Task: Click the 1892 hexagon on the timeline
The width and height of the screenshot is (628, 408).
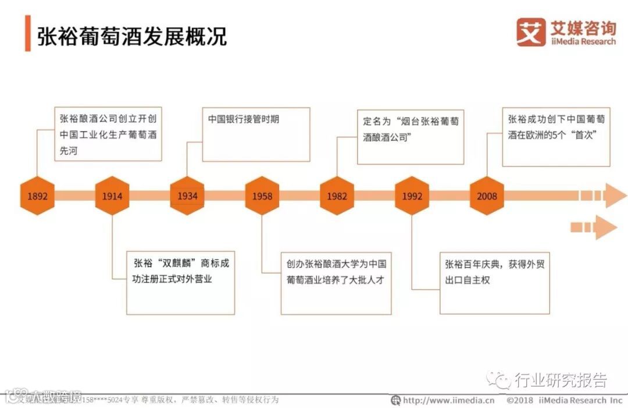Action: [x=37, y=196]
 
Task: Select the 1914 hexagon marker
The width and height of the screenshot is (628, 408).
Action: [x=112, y=196]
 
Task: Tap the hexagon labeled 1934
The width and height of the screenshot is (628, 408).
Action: [x=187, y=196]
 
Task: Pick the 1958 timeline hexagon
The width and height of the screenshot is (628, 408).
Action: [x=262, y=196]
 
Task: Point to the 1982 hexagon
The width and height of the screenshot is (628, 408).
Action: [x=337, y=196]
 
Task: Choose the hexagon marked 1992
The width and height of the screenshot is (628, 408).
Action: [x=412, y=196]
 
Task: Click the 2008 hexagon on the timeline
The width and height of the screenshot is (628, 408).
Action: [x=487, y=196]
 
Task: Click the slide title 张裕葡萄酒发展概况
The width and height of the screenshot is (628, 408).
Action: [x=132, y=36]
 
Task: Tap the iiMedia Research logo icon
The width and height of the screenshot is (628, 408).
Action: [x=531, y=31]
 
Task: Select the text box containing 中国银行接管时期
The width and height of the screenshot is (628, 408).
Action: [x=255, y=134]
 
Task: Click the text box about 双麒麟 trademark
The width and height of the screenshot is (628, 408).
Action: [x=181, y=282]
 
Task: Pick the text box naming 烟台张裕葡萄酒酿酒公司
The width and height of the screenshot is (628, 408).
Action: [x=410, y=136]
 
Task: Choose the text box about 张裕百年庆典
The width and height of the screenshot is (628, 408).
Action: [x=494, y=282]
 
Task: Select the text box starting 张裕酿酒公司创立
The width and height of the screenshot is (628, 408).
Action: [x=107, y=134]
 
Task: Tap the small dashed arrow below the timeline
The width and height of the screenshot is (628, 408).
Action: [x=593, y=227]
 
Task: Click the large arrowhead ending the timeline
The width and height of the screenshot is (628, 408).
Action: [x=616, y=196]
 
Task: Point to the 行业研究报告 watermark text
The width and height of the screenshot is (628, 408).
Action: [x=559, y=381]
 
